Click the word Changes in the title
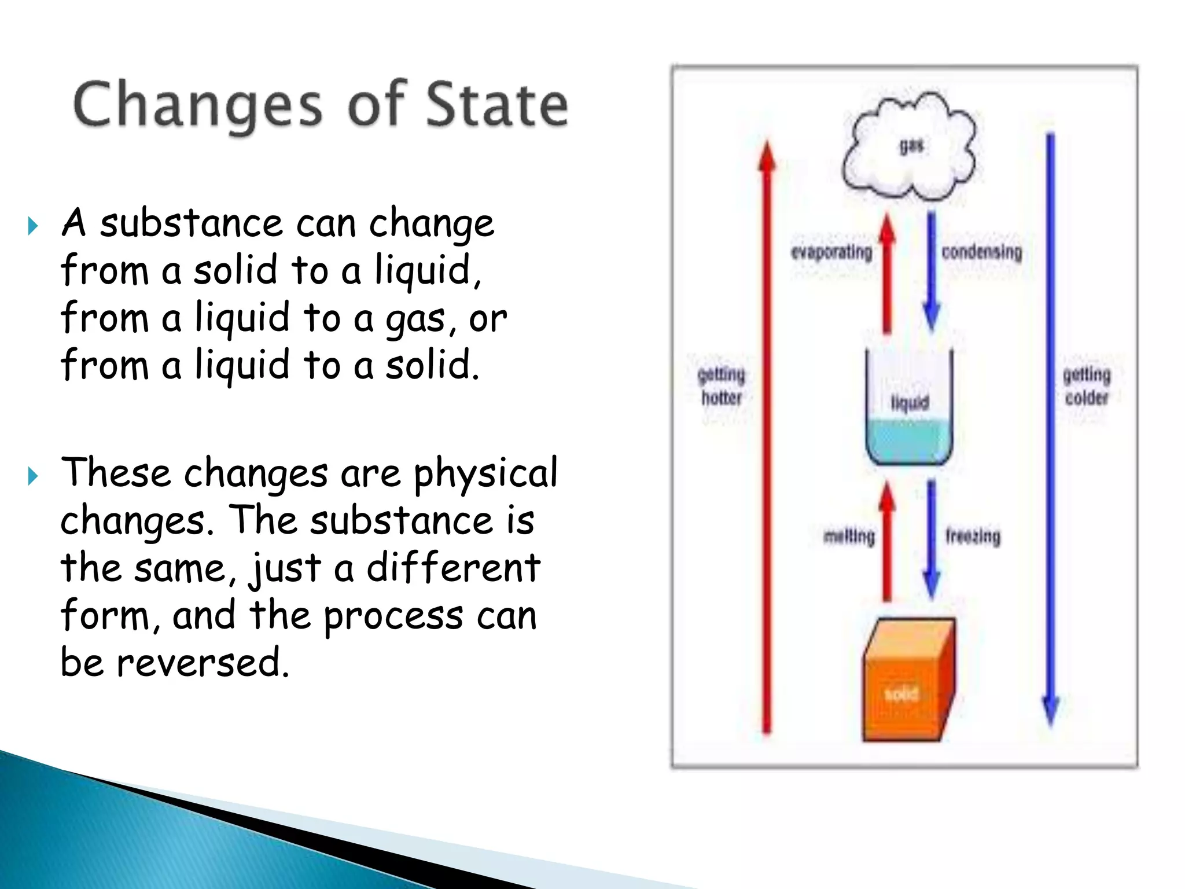tap(197, 105)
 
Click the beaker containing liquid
tap(908, 411)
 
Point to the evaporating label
tap(831, 252)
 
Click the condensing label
tap(982, 252)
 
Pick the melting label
tap(849, 537)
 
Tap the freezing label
tap(973, 537)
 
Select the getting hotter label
tap(721, 386)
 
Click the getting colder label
tap(1087, 386)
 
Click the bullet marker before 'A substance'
tap(33, 226)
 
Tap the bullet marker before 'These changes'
tap(33, 476)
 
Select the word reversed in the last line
tap(203, 663)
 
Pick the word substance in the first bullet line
tap(191, 223)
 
